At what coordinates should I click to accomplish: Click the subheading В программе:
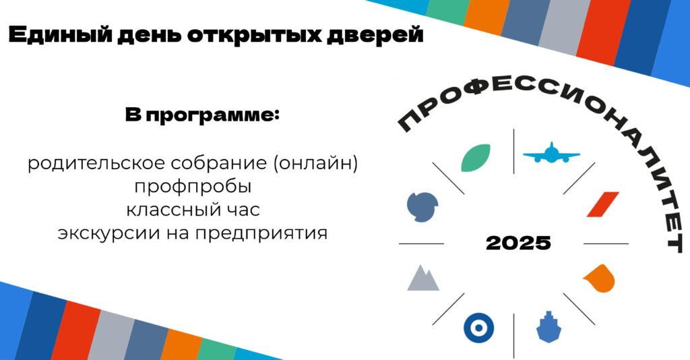[202, 115]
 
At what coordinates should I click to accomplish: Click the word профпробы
[193, 187]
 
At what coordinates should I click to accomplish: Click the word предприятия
[261, 233]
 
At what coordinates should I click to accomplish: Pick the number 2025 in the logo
[518, 243]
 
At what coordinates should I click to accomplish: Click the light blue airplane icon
[551, 153]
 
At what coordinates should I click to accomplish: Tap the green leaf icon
[475, 158]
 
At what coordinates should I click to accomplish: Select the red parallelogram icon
[602, 204]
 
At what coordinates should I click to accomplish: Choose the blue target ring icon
[479, 328]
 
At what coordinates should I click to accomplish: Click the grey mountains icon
[423, 278]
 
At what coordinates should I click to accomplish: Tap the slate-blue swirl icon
[422, 207]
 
